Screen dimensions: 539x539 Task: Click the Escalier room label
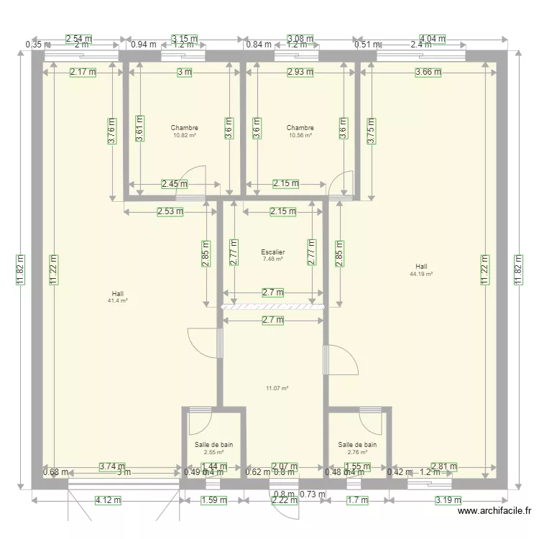click(x=273, y=252)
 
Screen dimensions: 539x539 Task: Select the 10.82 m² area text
click(x=185, y=135)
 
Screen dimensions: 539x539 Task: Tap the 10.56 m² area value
click(x=300, y=135)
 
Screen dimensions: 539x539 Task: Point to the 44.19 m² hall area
click(x=421, y=274)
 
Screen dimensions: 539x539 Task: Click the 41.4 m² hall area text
click(x=117, y=300)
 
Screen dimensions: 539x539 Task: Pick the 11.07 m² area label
click(x=277, y=388)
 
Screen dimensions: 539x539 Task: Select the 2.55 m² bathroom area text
click(x=213, y=452)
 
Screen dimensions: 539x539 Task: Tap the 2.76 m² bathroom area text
click(x=357, y=452)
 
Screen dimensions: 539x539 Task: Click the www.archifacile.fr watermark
click(x=495, y=511)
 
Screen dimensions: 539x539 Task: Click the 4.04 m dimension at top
click(x=433, y=39)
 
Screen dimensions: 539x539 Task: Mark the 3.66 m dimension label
click(x=428, y=72)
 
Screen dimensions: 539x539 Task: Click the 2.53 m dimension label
click(x=170, y=211)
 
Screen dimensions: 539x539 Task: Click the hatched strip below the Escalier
click(x=273, y=307)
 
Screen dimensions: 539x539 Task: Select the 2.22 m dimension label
click(x=284, y=500)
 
